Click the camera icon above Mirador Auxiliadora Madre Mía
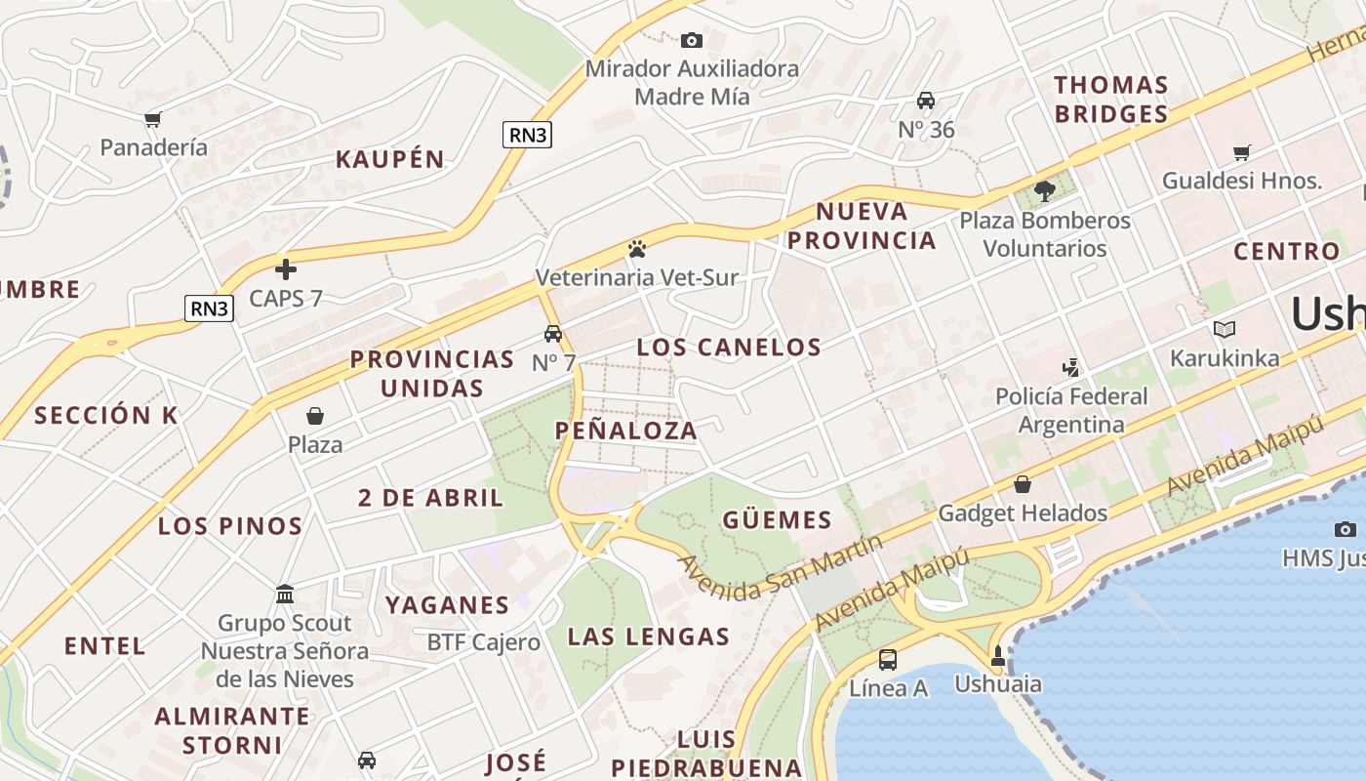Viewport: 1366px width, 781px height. (x=692, y=40)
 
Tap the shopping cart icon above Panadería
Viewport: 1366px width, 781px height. (x=152, y=119)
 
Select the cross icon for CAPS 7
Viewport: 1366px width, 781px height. (x=286, y=268)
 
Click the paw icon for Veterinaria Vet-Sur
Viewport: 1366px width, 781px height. (x=637, y=249)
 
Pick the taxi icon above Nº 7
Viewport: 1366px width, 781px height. (x=553, y=334)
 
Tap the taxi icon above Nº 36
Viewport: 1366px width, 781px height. (x=926, y=101)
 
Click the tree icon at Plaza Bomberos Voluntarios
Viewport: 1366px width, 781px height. (x=1045, y=190)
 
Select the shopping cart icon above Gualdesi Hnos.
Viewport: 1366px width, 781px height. (x=1242, y=152)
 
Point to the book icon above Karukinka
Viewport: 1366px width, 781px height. (x=1225, y=330)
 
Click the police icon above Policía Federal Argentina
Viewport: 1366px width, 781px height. (x=1071, y=368)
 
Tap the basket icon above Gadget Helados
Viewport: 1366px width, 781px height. (x=1023, y=484)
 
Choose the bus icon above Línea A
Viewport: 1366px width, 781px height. (x=888, y=659)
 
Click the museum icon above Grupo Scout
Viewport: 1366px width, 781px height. (x=285, y=594)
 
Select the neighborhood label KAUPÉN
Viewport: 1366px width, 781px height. (x=390, y=159)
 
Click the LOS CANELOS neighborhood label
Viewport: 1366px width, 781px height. (x=729, y=347)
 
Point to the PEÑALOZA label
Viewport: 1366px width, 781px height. (x=626, y=431)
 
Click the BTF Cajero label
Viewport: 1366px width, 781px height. (x=484, y=642)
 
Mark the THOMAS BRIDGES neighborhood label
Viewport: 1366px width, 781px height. (x=1110, y=100)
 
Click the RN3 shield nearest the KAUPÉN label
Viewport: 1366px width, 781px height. (x=528, y=135)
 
